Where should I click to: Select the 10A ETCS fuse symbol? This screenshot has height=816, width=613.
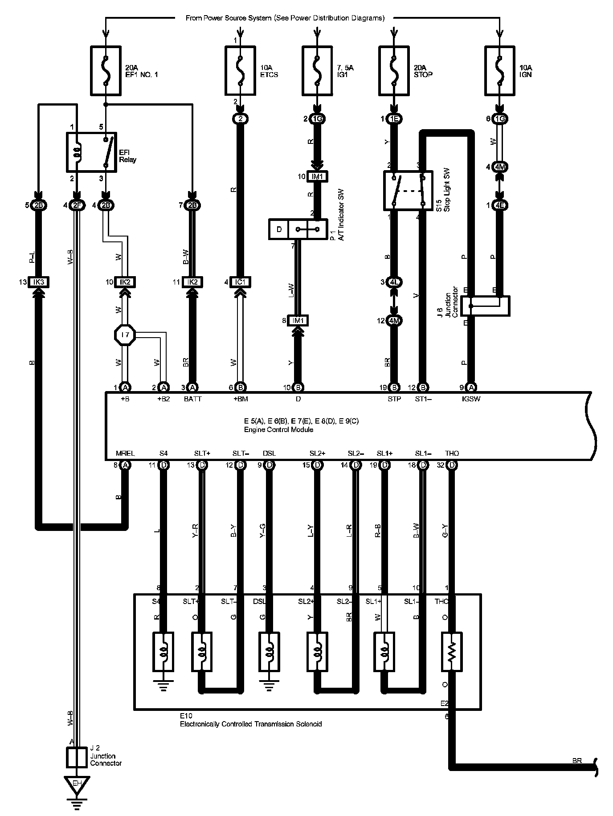click(241, 70)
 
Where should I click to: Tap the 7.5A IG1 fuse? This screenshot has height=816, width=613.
click(317, 70)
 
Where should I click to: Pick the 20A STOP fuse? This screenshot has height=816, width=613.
click(394, 70)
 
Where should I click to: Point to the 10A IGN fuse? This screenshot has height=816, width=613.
click(499, 70)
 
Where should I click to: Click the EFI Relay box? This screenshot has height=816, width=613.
click(91, 152)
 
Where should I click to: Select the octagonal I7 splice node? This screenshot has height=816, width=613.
click(125, 334)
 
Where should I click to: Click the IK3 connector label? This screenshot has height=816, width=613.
click(38, 282)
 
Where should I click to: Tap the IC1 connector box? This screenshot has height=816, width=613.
click(241, 282)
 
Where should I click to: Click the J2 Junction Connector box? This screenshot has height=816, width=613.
click(77, 757)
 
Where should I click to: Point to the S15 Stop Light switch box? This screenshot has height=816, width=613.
click(408, 191)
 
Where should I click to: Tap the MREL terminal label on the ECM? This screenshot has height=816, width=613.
click(125, 453)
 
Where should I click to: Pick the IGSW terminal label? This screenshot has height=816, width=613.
click(471, 399)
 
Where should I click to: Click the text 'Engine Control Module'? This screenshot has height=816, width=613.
click(278, 430)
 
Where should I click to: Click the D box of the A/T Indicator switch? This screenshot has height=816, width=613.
click(279, 229)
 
